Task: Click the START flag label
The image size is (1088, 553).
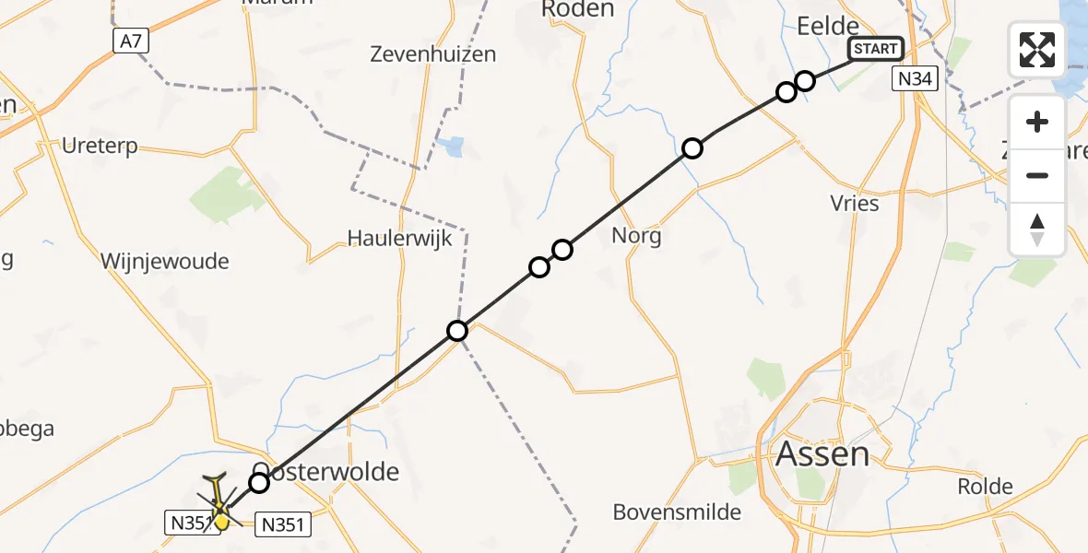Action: pos(875,49)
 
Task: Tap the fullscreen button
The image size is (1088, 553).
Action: pos(1037,50)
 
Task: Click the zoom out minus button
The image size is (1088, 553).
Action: pos(1037,176)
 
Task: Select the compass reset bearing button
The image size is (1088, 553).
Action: pos(1037,229)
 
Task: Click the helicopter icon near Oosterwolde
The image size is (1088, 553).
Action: pos(219,504)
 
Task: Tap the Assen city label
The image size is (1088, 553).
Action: pos(822,453)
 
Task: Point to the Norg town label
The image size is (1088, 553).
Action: pos(636,236)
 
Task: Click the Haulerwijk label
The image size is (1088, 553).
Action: pos(399,238)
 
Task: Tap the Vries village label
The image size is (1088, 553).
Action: pos(855,204)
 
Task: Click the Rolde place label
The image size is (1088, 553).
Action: pos(985,487)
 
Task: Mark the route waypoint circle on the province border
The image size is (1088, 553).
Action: pos(457,331)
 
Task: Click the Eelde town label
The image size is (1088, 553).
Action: pos(827,26)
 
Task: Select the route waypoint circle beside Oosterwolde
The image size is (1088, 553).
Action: pos(259,482)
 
